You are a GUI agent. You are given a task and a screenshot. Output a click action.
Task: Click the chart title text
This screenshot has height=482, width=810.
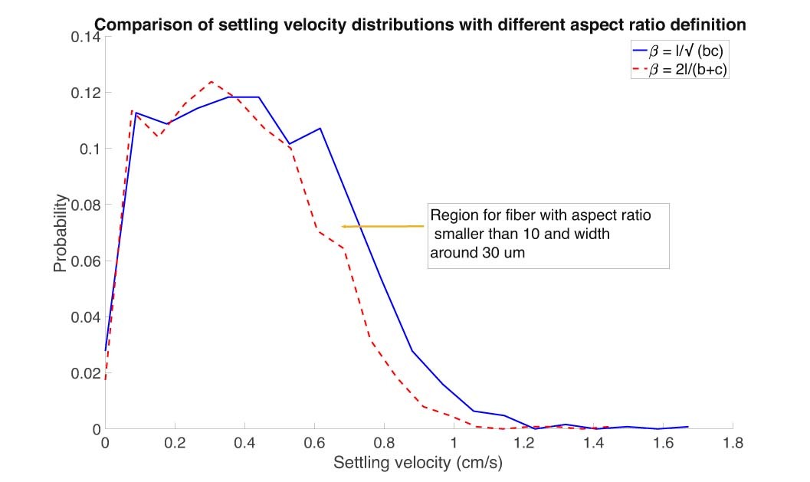[x=419, y=25]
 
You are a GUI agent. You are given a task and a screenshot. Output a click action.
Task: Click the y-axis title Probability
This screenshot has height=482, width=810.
[x=61, y=233]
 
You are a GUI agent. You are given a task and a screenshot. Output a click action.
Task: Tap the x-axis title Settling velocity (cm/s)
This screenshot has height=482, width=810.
[x=418, y=462]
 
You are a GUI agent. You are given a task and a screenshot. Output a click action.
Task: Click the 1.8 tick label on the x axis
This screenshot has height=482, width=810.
[x=733, y=443]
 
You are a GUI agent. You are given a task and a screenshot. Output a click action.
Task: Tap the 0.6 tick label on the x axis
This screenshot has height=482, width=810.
[x=314, y=443]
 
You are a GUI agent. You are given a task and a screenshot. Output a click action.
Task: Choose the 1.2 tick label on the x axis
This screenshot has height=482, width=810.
[x=523, y=443]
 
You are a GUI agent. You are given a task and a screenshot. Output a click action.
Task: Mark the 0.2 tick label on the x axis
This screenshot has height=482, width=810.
[x=175, y=443]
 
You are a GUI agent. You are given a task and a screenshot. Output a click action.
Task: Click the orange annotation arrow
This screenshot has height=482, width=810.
[x=382, y=226]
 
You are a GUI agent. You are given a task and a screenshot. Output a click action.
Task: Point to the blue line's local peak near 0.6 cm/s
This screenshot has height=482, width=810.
[x=320, y=128]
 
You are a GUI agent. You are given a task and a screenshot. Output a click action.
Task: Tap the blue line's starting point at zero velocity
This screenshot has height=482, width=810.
[x=106, y=350]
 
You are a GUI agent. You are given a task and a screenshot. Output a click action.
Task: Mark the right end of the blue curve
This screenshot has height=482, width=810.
[x=688, y=426]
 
